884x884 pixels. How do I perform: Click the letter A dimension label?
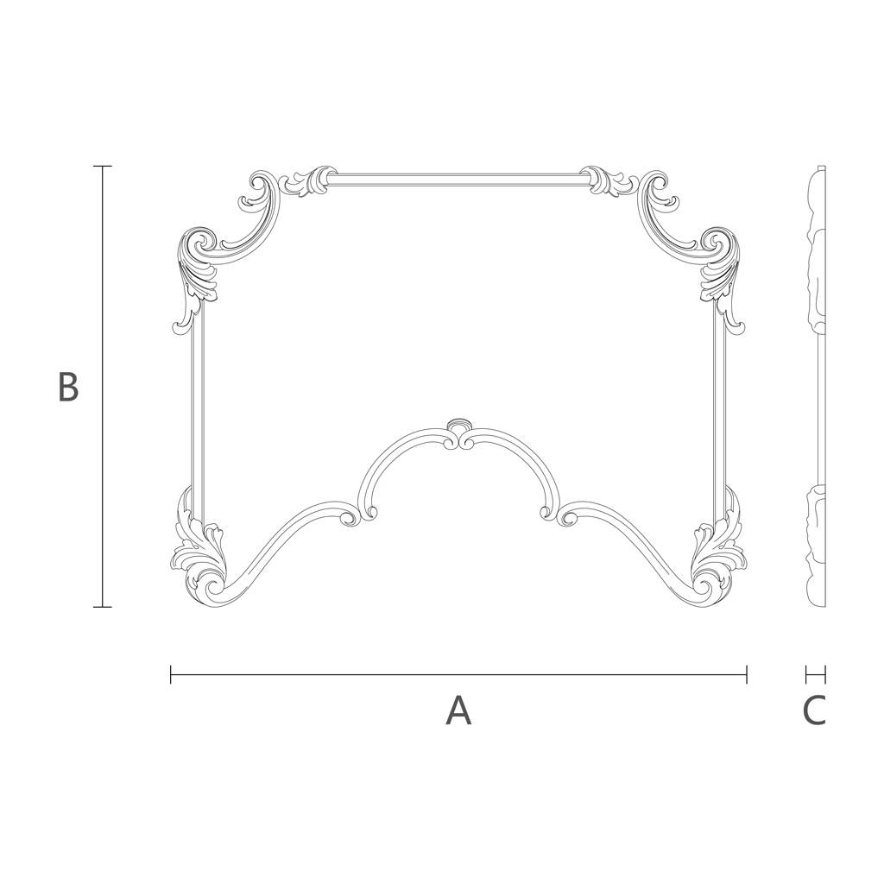(458, 711)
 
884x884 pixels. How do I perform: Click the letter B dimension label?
(67, 386)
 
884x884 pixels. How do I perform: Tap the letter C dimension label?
(814, 711)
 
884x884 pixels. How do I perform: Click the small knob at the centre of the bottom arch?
(459, 425)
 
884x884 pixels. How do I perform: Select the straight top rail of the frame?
(458, 180)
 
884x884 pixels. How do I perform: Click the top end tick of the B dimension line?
(102, 167)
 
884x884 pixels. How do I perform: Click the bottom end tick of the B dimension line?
(102, 607)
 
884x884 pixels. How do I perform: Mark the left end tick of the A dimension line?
(171, 674)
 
